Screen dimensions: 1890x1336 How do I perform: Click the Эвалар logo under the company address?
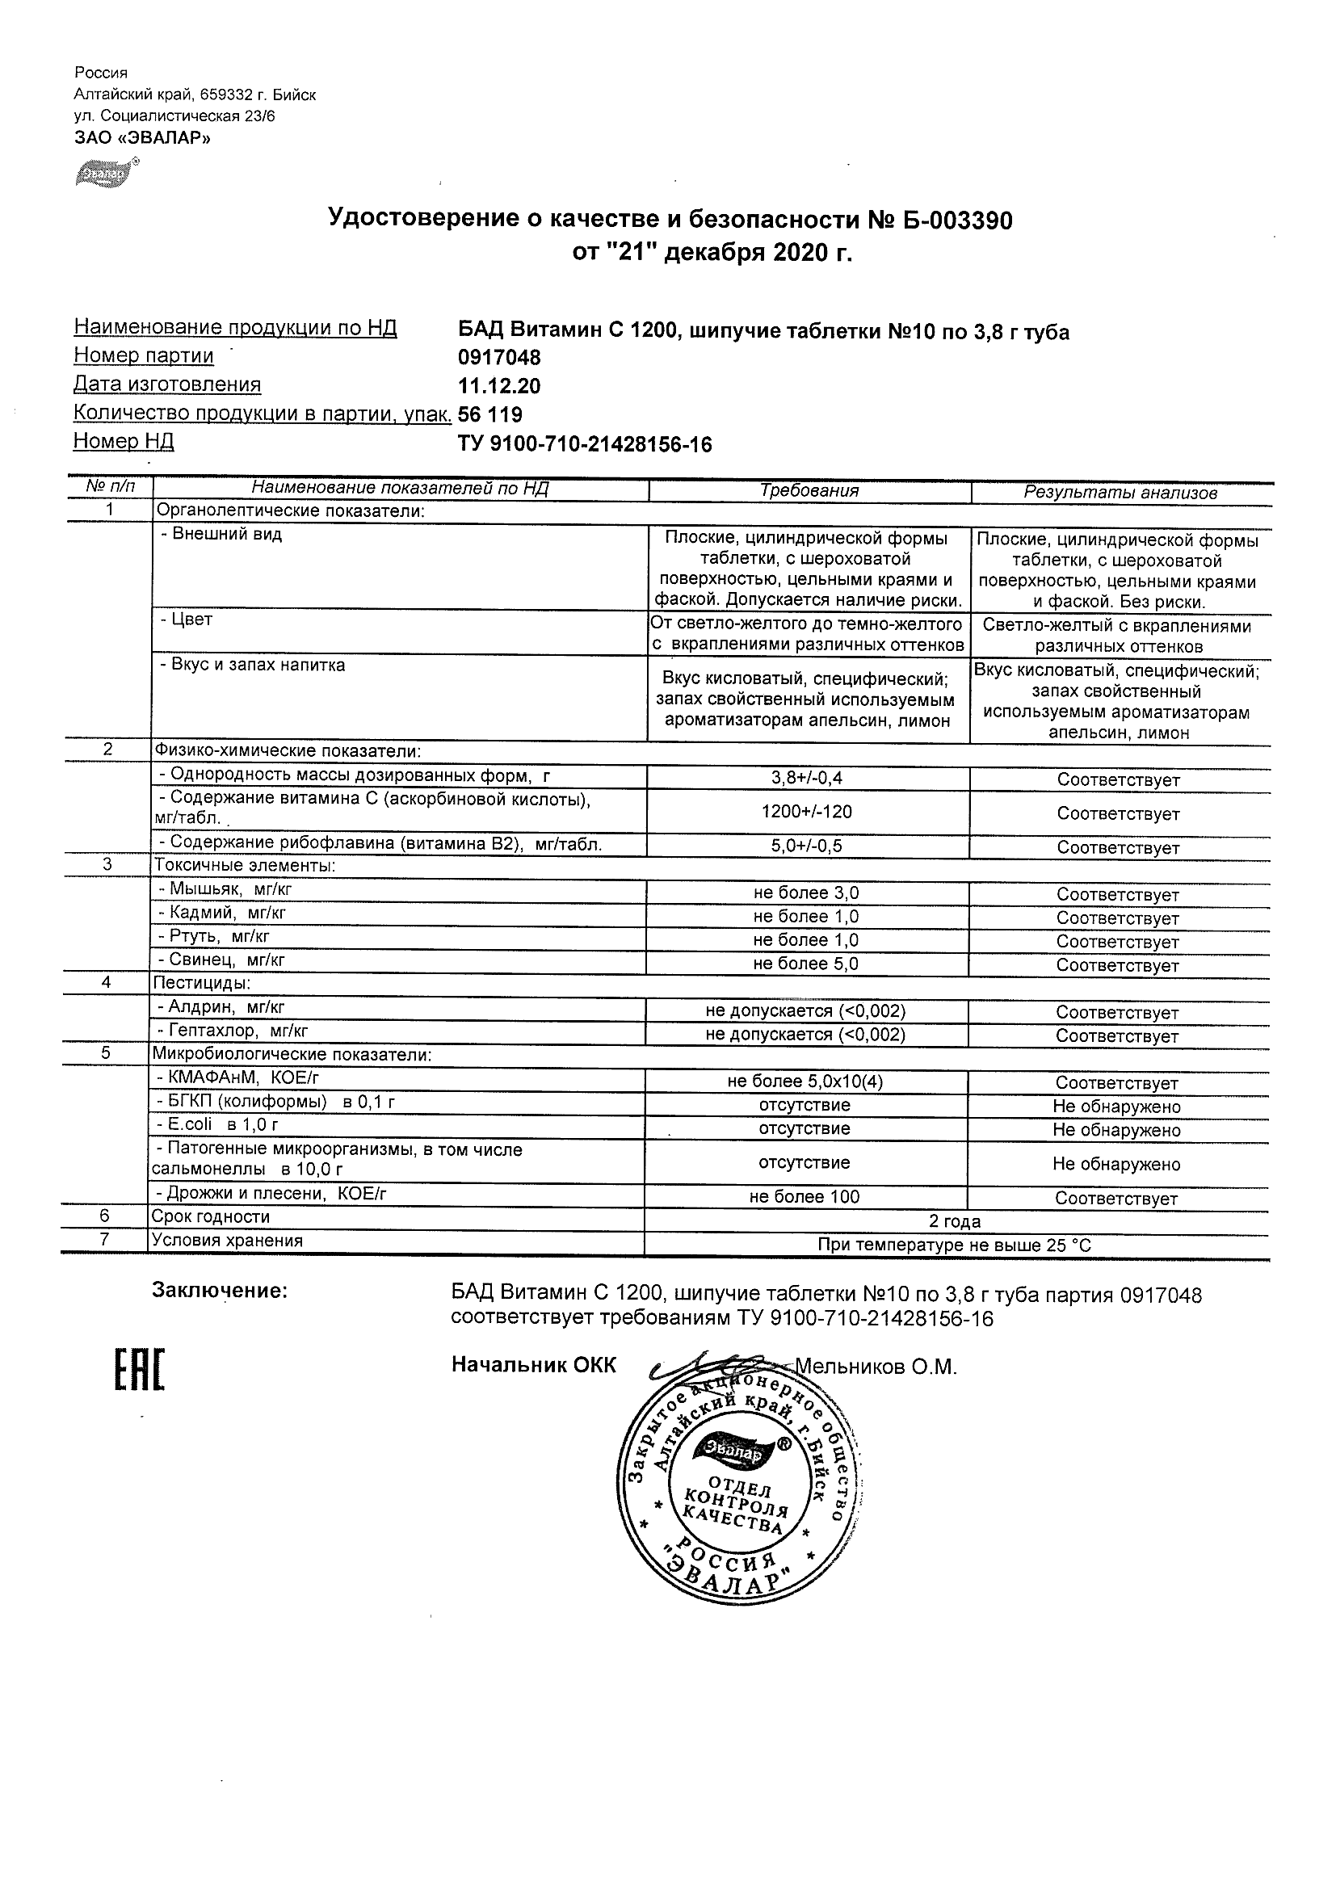105,174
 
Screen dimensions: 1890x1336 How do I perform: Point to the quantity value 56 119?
490,414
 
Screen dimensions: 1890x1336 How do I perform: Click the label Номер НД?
124,442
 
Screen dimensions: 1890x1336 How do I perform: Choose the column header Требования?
809,491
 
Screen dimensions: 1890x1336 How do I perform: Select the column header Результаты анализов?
1120,493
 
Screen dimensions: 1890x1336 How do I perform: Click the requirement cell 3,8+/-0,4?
808,778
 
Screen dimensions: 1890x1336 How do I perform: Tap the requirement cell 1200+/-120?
807,812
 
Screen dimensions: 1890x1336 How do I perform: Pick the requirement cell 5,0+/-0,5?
807,846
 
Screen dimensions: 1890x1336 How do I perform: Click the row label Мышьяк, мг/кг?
225,889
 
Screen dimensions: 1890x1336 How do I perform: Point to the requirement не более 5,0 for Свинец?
806,964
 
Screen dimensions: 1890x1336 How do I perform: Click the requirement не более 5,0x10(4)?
805,1081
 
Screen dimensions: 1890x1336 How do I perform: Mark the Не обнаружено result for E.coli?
1116,1130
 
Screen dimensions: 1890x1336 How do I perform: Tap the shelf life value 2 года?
955,1221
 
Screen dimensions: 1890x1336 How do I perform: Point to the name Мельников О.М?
876,1367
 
